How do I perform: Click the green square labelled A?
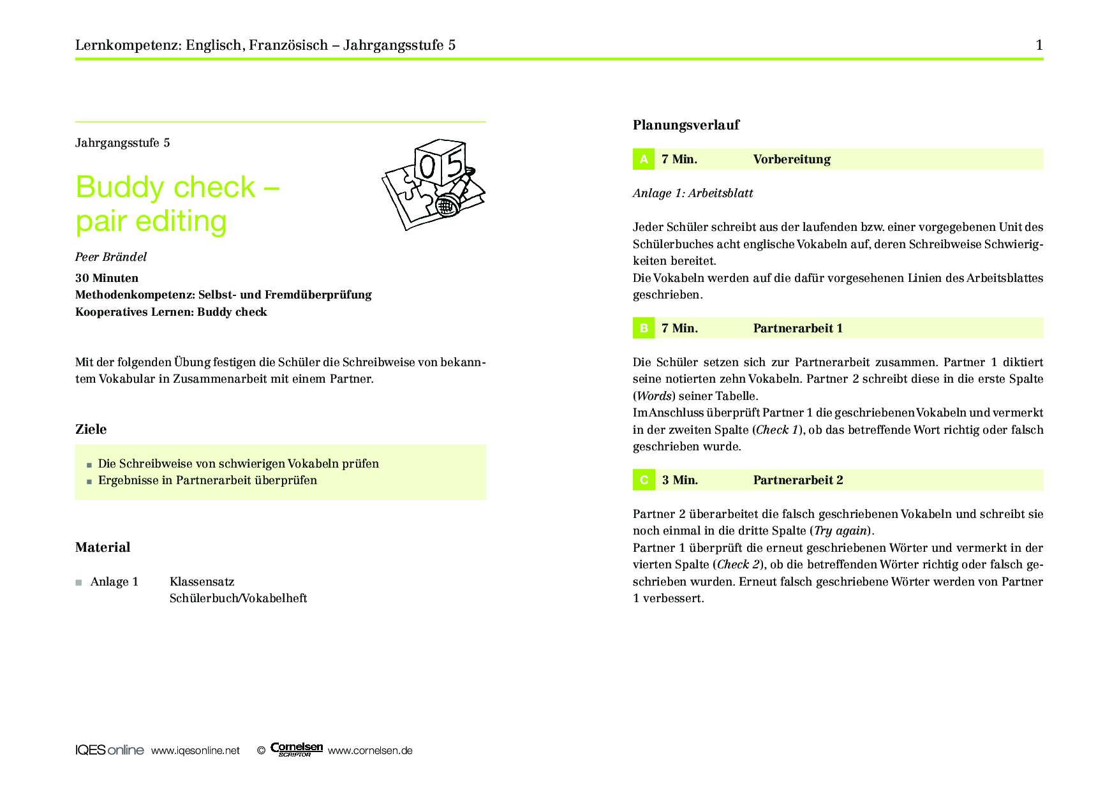point(644,159)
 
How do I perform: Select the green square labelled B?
point(644,328)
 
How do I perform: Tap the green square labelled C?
point(644,480)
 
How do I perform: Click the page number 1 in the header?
point(1039,45)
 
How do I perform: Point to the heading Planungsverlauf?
point(686,125)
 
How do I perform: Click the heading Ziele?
point(91,429)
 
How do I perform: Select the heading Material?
point(103,547)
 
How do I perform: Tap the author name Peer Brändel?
point(111,257)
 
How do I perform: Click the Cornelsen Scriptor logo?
point(297,749)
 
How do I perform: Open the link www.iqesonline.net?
point(195,751)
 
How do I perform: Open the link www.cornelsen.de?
point(370,751)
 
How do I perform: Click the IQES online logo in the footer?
point(109,750)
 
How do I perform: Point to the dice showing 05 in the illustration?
point(440,163)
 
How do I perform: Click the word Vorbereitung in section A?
point(792,159)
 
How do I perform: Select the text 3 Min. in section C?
point(679,480)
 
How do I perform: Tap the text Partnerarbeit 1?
point(797,328)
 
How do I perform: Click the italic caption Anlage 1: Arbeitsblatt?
point(693,193)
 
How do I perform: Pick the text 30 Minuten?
point(107,278)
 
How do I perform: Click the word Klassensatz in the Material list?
point(202,582)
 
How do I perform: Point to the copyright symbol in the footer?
point(261,751)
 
